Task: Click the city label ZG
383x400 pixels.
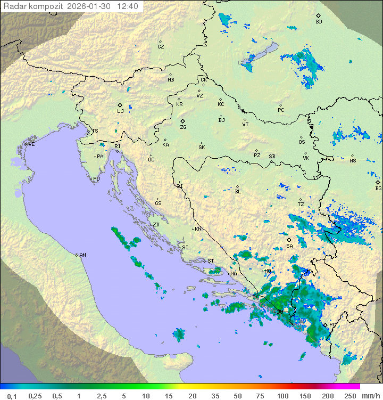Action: coord(183,127)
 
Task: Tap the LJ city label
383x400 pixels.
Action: coord(120,111)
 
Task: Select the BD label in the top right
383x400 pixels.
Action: coord(319,22)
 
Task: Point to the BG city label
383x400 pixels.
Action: coord(378,188)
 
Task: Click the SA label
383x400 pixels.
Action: coord(289,246)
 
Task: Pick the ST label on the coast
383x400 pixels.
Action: coord(211,260)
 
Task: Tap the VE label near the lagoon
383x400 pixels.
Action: coord(31,144)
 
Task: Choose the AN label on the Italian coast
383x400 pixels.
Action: coord(82,255)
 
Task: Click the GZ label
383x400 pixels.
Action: coord(161,46)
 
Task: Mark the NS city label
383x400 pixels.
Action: coord(353,160)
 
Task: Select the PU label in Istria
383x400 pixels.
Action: coord(96,179)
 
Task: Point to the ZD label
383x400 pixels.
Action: coord(156,225)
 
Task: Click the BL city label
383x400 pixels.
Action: coord(238,191)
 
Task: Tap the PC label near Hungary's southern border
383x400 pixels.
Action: coord(281,110)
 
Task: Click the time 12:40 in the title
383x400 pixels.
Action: coord(128,6)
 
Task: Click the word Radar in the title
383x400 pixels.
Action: coord(14,6)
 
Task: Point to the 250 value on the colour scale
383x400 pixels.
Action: coord(349,396)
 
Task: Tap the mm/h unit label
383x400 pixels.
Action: coord(371,396)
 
